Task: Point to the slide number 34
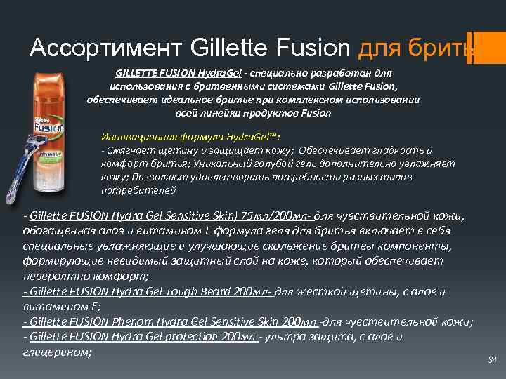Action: click(492, 360)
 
